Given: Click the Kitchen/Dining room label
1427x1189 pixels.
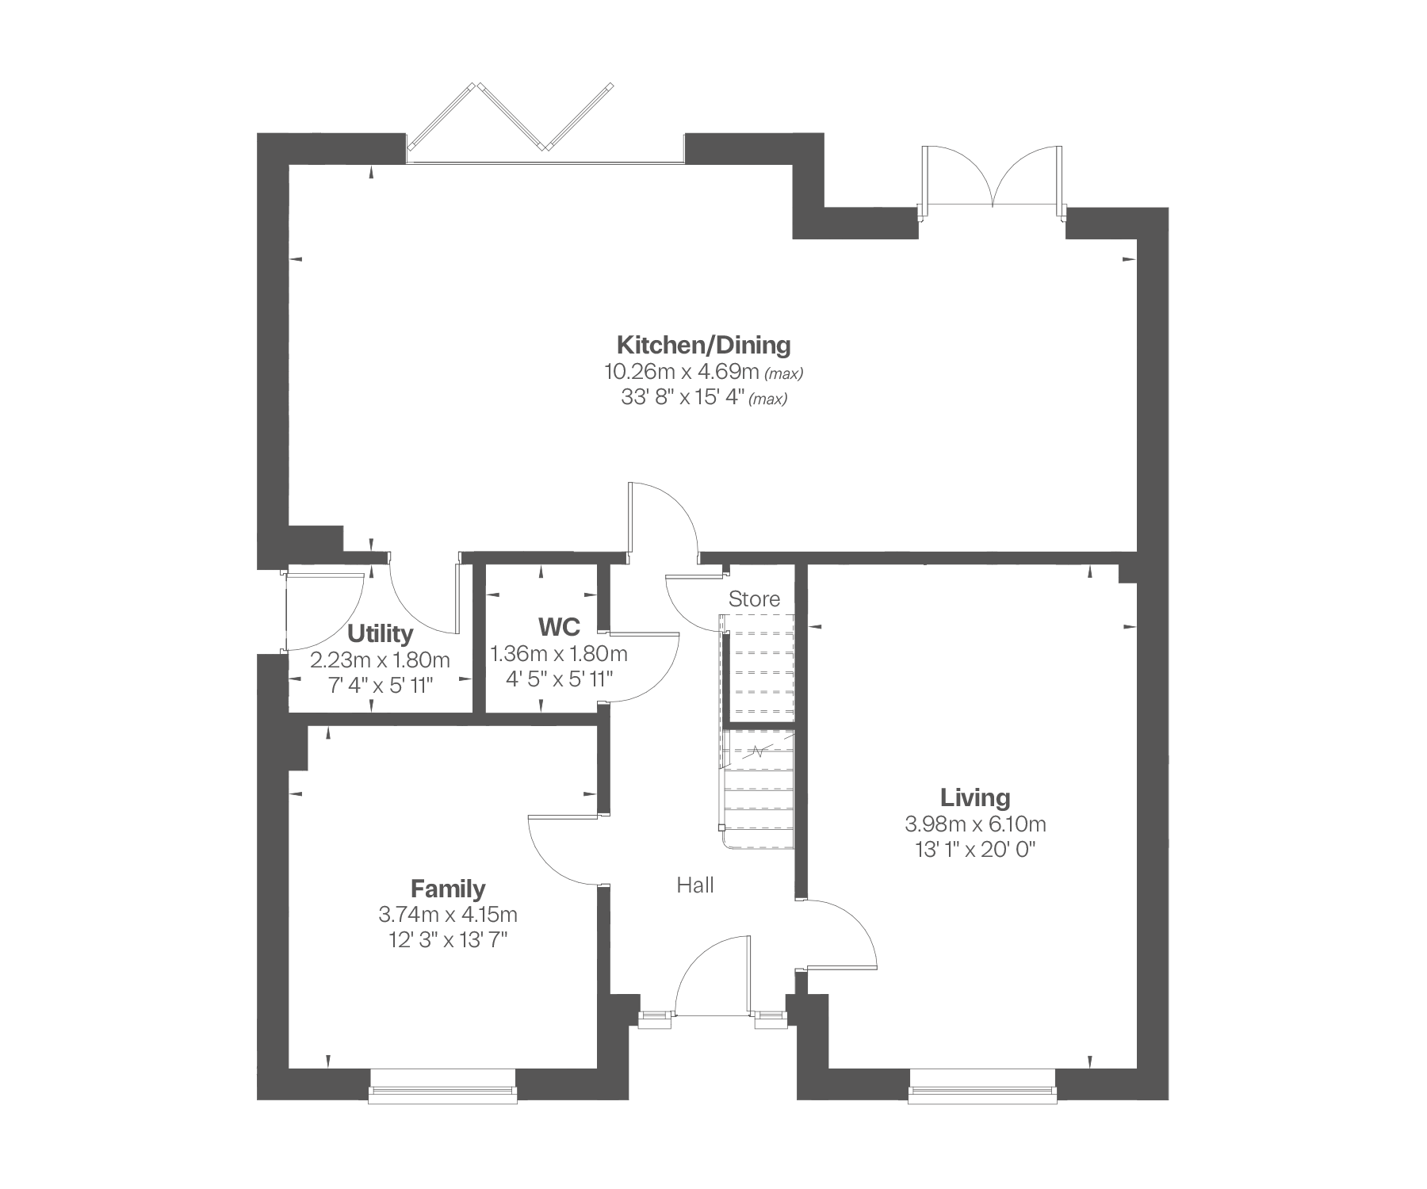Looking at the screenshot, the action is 704,345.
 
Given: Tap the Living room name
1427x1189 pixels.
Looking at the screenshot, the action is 975,797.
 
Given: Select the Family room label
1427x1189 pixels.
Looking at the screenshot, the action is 448,888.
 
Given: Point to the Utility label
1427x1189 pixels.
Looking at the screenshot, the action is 380,633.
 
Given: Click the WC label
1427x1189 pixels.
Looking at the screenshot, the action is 559,627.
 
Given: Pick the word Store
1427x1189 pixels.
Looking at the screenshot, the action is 754,599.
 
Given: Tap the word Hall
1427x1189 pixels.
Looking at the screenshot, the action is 695,885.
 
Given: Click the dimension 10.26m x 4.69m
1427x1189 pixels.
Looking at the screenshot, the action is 682,371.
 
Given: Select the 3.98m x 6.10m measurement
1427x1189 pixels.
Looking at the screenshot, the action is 975,824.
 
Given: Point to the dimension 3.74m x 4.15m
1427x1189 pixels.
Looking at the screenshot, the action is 448,915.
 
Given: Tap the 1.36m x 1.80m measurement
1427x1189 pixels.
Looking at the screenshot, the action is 559,654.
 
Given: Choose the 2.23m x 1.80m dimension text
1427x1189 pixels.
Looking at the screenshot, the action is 380,659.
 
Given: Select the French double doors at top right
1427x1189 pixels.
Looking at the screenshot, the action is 991,178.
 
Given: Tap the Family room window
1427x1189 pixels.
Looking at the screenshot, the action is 443,1085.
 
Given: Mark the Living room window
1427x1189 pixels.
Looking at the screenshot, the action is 983,1085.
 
